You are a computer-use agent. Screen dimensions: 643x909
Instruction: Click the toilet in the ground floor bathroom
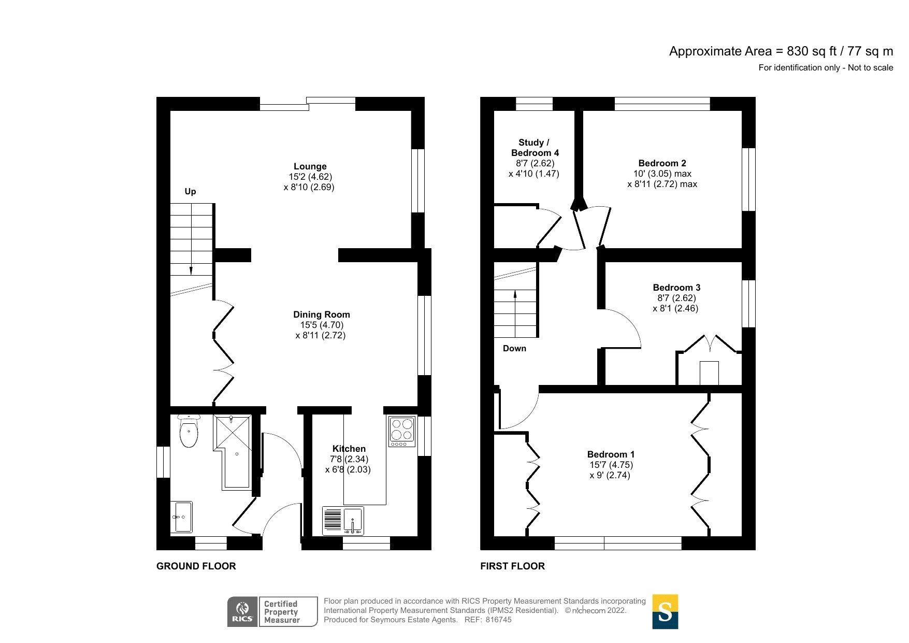pos(189,433)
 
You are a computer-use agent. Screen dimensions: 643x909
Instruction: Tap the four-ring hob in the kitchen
pos(402,431)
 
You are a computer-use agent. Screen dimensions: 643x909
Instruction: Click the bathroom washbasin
pos(182,517)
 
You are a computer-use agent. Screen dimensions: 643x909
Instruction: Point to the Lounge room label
pos(310,166)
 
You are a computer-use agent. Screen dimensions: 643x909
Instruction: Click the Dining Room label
pos(321,315)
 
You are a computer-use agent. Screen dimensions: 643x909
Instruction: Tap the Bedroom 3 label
pos(676,288)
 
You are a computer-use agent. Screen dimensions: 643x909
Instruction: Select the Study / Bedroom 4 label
pos(535,148)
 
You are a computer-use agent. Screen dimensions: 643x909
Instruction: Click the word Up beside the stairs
pos(190,192)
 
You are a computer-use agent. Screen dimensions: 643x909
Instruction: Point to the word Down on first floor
pos(514,349)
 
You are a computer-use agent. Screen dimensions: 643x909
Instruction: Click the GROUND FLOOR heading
pos(196,566)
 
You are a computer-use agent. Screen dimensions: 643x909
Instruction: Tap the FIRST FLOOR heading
pos(512,566)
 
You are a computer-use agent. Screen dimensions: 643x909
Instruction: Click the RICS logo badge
pos(242,612)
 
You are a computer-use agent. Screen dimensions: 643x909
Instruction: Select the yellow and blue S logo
pos(665,612)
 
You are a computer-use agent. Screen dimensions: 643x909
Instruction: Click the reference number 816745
pos(498,620)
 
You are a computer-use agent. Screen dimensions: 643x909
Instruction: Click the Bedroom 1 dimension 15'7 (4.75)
pos(611,465)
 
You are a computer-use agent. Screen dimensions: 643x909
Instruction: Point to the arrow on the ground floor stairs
pos(191,269)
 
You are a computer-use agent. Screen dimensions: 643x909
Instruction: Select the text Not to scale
pos(870,67)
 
